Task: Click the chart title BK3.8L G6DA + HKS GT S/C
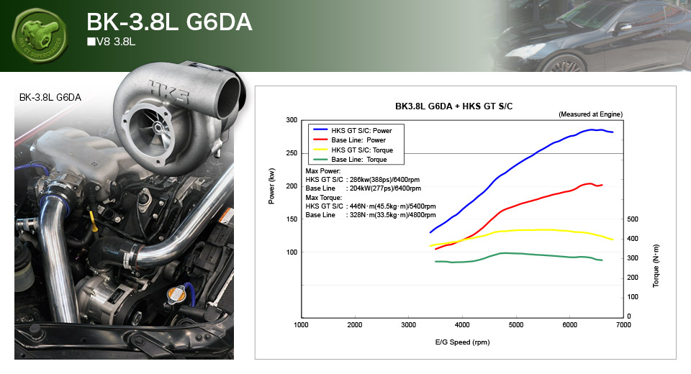coord(453,106)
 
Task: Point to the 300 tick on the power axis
coord(291,120)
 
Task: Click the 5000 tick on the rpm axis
coord(516,325)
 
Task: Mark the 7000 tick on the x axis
coord(623,325)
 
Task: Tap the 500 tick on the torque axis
coord(632,219)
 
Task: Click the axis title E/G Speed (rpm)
coord(463,342)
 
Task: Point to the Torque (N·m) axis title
coord(656,266)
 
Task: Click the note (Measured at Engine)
coord(590,114)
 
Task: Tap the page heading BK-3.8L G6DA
coord(168,22)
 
